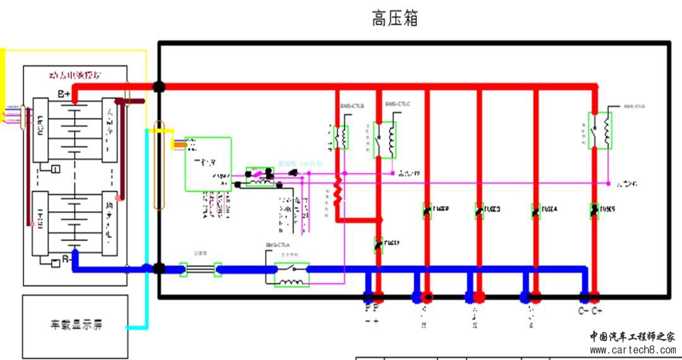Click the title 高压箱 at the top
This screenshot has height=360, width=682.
[x=395, y=19]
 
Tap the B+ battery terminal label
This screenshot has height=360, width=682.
[x=64, y=94]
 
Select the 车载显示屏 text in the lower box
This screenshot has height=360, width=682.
[x=76, y=326]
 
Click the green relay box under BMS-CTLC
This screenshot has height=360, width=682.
[x=386, y=140]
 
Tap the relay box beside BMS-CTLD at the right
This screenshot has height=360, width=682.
[x=600, y=131]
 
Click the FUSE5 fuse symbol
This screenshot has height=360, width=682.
[x=594, y=210]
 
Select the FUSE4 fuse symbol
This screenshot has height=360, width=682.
[x=536, y=211]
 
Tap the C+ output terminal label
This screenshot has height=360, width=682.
[x=597, y=311]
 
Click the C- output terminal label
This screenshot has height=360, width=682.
[x=583, y=311]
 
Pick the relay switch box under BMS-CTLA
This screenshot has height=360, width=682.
[x=292, y=275]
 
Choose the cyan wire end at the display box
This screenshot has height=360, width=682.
[x=130, y=327]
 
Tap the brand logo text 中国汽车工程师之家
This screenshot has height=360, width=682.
[x=632, y=337]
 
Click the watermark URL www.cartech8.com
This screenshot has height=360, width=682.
[x=632, y=349]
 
